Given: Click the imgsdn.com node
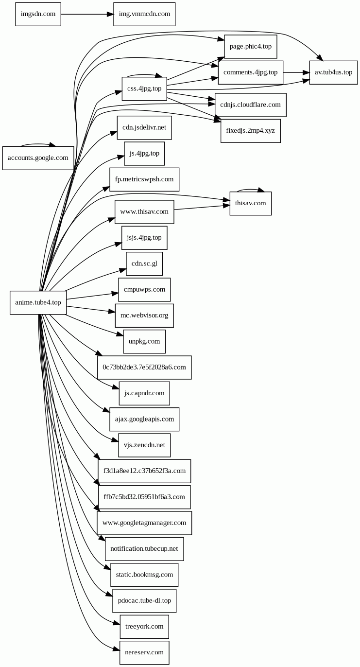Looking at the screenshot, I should tap(38, 14).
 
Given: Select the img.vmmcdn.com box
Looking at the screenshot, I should tap(144, 14).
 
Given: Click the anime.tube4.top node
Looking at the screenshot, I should tap(38, 302).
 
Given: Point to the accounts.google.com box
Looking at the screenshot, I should tap(38, 158).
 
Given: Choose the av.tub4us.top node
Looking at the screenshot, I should tap(333, 72).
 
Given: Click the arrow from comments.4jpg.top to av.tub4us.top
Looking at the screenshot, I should tap(296, 72).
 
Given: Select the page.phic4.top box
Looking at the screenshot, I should tap(250, 47).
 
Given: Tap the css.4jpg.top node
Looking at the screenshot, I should tap(144, 88).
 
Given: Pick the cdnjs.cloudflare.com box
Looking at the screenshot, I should tap(250, 105).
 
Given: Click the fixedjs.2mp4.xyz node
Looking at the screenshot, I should tap(250, 131).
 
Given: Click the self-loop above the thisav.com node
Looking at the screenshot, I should tap(250, 190).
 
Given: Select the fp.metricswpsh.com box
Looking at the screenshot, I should tap(144, 179).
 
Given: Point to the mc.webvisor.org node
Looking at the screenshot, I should tap(144, 316).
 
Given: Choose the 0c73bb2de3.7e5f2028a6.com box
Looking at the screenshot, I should tap(144, 367).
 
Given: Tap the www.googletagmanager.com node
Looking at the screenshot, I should tap(144, 523).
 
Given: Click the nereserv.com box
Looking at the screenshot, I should tap(144, 652).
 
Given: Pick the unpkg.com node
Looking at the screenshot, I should tap(144, 341).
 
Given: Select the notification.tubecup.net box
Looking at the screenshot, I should tap(144, 549).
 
